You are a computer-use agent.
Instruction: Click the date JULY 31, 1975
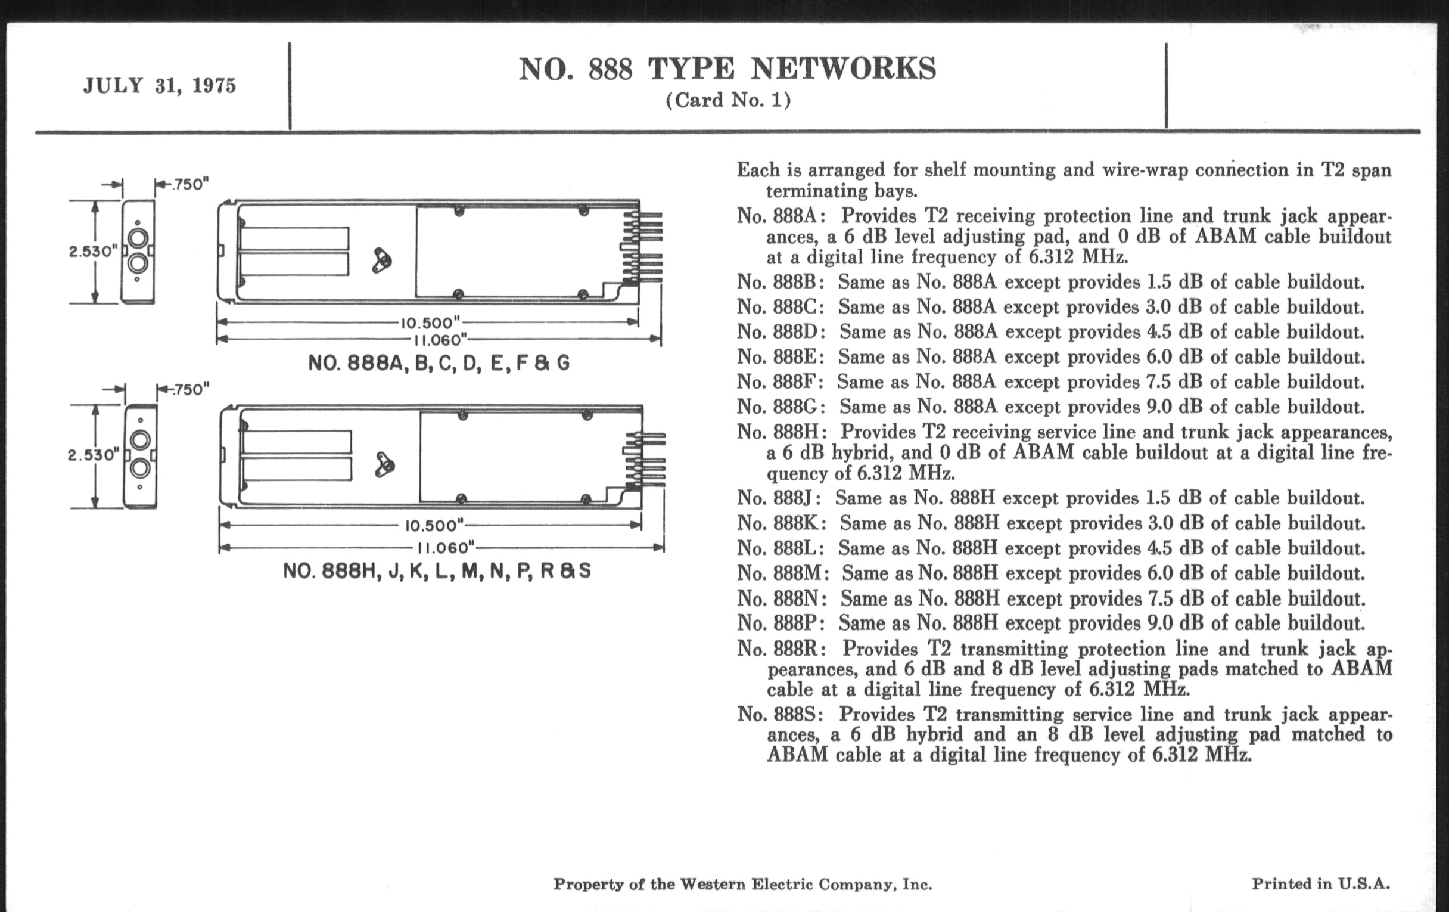click(x=160, y=86)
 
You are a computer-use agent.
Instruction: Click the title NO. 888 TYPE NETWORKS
click(x=727, y=69)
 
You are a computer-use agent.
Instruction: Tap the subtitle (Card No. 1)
click(x=727, y=100)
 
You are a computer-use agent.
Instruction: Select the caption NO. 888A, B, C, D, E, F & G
click(x=439, y=363)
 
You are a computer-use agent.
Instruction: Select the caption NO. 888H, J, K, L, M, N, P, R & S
click(x=437, y=570)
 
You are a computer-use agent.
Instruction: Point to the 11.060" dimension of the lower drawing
click(x=446, y=548)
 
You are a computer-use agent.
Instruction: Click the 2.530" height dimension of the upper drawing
click(x=93, y=252)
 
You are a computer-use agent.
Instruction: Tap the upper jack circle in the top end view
click(x=138, y=238)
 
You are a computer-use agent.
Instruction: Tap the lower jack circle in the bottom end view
click(x=140, y=468)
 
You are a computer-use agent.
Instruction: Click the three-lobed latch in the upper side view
click(x=381, y=260)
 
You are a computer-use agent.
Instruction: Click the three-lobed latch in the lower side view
click(x=384, y=466)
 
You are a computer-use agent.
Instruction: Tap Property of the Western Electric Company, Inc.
click(x=742, y=885)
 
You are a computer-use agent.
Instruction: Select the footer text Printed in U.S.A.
click(x=1321, y=884)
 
